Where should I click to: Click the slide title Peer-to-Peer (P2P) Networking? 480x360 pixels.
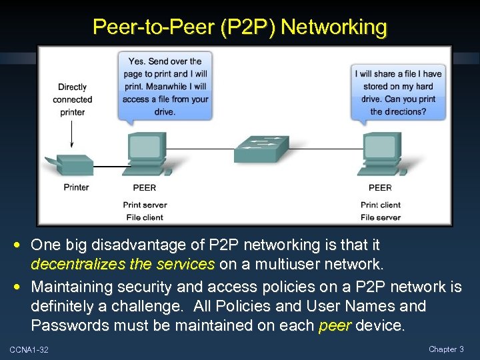coord(240,27)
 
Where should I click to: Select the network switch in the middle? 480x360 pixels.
coord(261,149)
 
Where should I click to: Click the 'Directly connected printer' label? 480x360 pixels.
coord(73,99)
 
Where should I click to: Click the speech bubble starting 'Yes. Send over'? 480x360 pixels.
coord(165,85)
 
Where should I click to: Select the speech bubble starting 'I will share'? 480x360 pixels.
coord(399,92)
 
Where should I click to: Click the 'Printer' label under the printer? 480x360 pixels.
coord(77,187)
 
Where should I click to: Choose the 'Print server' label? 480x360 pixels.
coord(145,205)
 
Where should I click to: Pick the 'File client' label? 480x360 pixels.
coord(145,217)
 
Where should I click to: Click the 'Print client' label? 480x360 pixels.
coord(381,205)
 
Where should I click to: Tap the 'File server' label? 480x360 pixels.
coord(381,217)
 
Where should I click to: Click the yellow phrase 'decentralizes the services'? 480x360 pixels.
coord(123,265)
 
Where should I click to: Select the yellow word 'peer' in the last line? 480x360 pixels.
coord(335,327)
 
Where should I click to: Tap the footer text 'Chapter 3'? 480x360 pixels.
coord(446,349)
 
